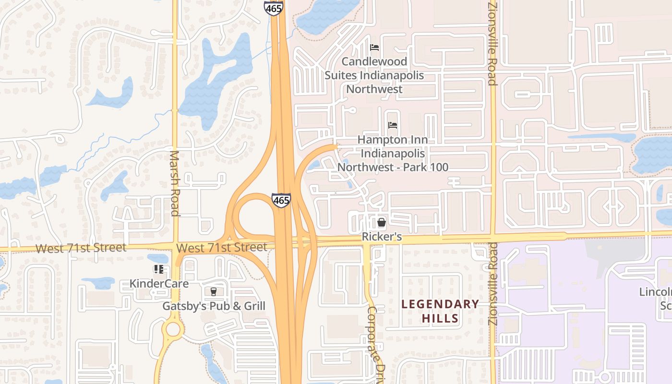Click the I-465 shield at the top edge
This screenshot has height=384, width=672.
273,8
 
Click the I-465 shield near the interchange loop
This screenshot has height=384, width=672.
281,200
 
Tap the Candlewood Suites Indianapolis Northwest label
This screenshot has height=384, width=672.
374,75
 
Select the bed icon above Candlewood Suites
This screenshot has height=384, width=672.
374,48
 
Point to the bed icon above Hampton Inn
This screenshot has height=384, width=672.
393,125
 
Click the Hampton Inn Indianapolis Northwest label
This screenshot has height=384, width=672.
393,153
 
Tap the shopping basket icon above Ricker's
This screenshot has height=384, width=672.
382,222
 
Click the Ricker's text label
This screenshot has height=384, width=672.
382,237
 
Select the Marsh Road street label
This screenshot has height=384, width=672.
175,183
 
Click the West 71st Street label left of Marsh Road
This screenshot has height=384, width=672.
81,248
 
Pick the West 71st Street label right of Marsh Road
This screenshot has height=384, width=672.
222,248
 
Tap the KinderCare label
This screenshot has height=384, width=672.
159,283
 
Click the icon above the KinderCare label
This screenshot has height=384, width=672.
159,269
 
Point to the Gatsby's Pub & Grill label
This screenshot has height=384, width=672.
214,306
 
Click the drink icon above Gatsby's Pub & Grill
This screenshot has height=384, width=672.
213,292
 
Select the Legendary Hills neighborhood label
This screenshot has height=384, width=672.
440,311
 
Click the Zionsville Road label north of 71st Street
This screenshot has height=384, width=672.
492,43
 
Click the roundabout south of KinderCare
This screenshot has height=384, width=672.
172,329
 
